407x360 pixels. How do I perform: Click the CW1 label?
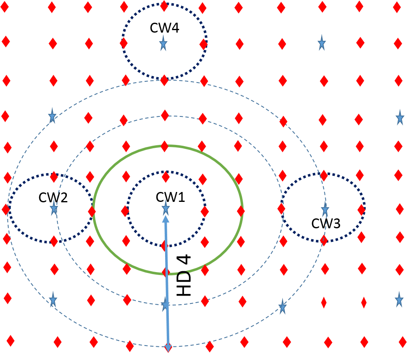coord(170,197)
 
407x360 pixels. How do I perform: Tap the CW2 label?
coord(53,197)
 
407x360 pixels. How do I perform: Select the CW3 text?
coord(326,223)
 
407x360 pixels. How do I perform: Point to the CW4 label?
coord(164,28)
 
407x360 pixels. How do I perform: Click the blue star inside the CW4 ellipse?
coord(163,43)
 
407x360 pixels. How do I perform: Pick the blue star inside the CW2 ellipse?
coord(54,208)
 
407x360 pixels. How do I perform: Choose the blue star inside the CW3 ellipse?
coord(325,210)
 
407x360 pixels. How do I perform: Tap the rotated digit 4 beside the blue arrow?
coord(184,259)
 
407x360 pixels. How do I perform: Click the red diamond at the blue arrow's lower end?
coord(168,347)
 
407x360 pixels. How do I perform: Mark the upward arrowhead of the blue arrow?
coord(166,219)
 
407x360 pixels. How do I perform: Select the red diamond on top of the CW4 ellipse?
coord(164,6)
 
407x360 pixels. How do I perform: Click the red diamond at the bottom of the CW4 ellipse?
coord(164,80)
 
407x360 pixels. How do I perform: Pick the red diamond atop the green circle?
coord(164,146)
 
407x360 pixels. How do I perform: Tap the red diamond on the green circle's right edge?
coord(241,211)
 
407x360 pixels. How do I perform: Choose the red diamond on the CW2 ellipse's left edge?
coord(6,209)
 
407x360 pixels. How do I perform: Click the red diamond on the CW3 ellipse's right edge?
coord(361,209)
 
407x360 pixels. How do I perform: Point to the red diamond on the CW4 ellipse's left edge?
coord(123,43)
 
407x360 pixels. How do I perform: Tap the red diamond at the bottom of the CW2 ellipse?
coord(54,241)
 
